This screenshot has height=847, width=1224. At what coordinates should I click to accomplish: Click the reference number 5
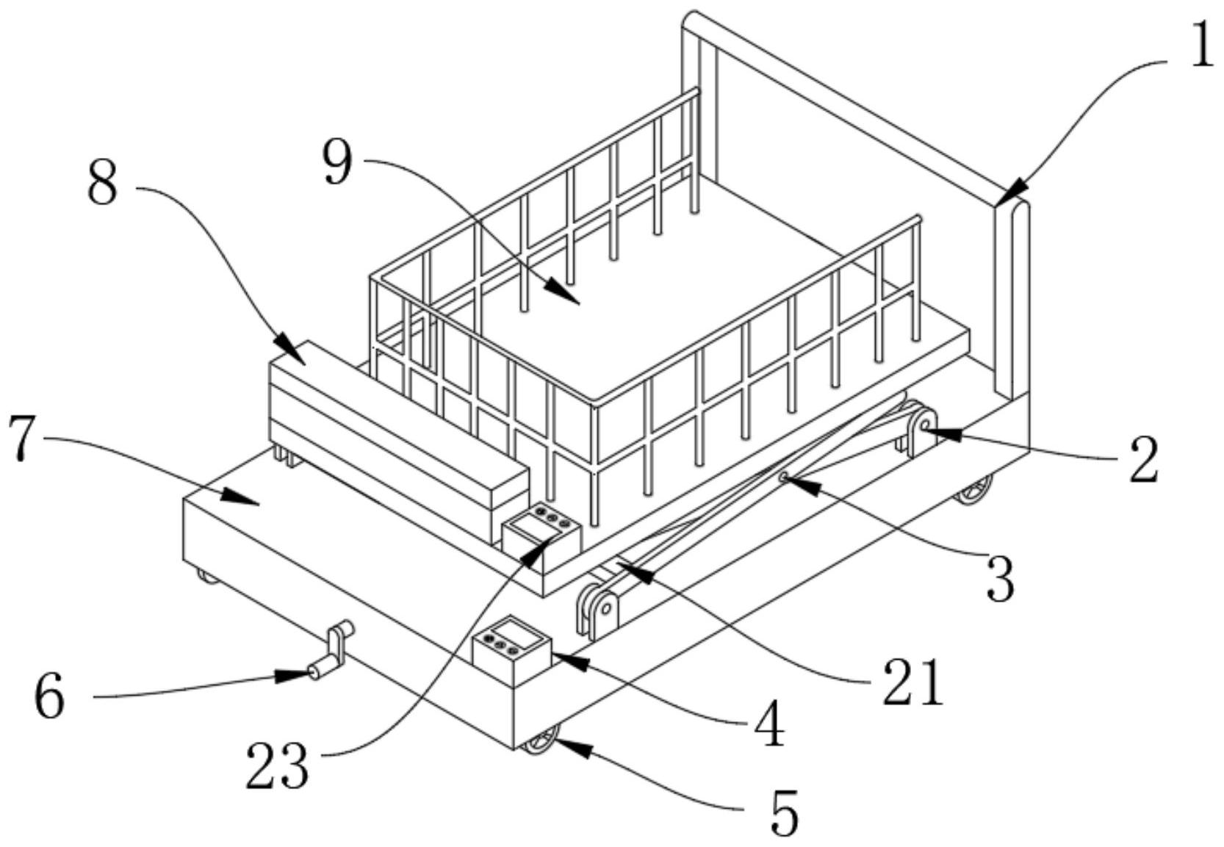(785, 812)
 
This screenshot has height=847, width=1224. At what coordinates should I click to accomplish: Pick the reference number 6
(50, 699)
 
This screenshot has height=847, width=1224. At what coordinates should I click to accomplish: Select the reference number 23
(278, 765)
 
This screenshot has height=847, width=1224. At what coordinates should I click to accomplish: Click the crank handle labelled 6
(331, 651)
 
